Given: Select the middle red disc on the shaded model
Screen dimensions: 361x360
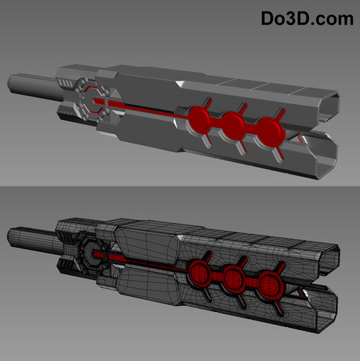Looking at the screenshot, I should click(234, 125).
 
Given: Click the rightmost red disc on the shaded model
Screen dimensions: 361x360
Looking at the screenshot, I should click(271, 131).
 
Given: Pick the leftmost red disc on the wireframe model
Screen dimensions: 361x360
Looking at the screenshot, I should click(199, 271).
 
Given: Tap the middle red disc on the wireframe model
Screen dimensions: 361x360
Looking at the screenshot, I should click(233, 277).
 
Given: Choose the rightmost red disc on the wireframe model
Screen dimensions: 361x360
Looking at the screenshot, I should click(269, 283).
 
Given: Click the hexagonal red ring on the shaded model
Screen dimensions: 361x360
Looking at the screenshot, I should click(94, 100).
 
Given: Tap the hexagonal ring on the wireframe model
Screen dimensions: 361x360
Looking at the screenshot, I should click(94, 253).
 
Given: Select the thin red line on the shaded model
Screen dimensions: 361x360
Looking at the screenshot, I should click(144, 110).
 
